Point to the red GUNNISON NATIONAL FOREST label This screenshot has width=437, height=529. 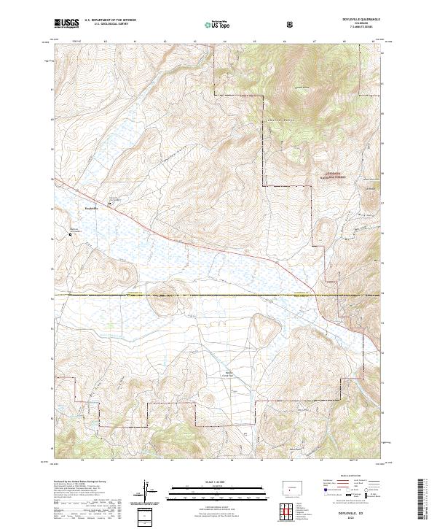pyautogui.click(x=331, y=174)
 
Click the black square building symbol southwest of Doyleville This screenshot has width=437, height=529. pyautogui.click(x=70, y=234)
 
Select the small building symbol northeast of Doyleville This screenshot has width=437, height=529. pyautogui.click(x=110, y=204)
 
